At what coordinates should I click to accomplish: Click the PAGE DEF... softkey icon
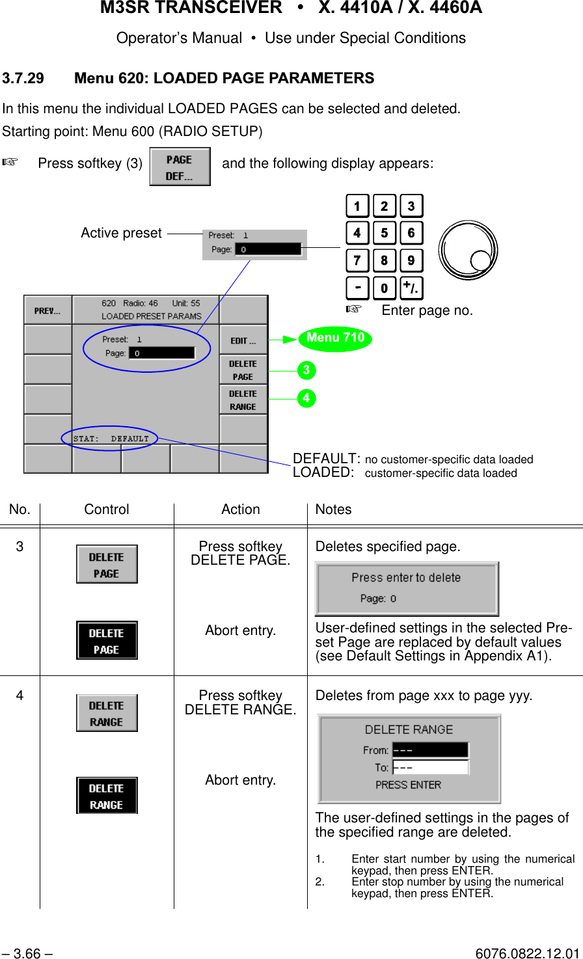[x=180, y=167]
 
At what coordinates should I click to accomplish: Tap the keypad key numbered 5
[x=384, y=233]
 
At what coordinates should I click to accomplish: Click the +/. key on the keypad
[x=411, y=288]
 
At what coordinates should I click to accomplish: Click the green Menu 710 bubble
[x=335, y=338]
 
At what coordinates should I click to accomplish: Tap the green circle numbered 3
[x=306, y=371]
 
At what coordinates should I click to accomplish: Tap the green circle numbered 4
[x=306, y=398]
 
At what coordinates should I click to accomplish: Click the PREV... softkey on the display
[x=47, y=310]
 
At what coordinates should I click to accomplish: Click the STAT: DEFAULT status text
[x=111, y=439]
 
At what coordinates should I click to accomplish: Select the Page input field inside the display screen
[x=161, y=353]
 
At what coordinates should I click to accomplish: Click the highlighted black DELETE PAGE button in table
[x=107, y=641]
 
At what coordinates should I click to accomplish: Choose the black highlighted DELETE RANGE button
[x=107, y=796]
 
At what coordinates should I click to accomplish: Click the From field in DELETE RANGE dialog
[x=430, y=750]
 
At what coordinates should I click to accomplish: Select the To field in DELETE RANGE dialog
[x=430, y=768]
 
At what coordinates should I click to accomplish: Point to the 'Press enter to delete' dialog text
[x=406, y=578]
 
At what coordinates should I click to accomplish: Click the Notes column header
[x=333, y=509]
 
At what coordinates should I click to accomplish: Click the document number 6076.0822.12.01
[x=527, y=954]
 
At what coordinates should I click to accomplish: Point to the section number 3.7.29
[x=23, y=78]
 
